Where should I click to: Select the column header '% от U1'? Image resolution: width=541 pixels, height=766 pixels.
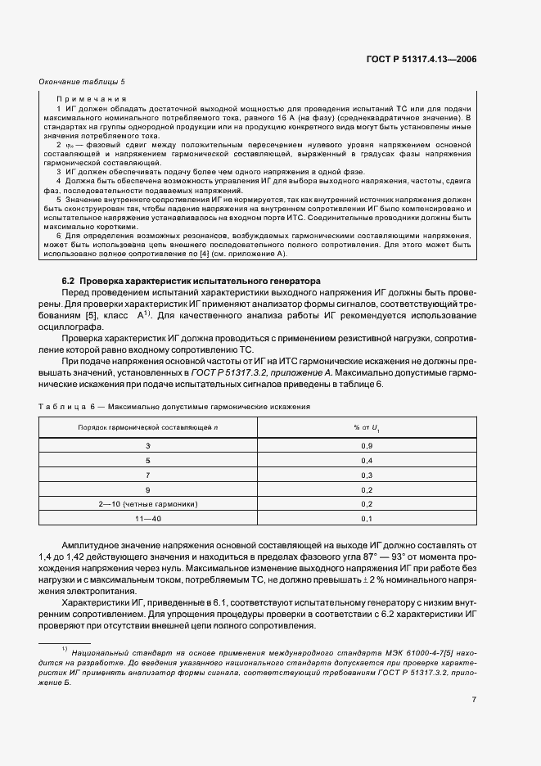[366, 428]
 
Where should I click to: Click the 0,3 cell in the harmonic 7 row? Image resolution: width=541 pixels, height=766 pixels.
[367, 474]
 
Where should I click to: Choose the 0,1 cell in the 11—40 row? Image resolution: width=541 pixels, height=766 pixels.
[367, 519]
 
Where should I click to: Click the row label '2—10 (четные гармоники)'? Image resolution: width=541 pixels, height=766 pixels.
[148, 504]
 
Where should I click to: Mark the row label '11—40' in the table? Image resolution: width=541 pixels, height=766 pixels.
[148, 519]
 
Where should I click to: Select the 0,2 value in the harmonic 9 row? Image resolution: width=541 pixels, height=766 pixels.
[367, 489]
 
